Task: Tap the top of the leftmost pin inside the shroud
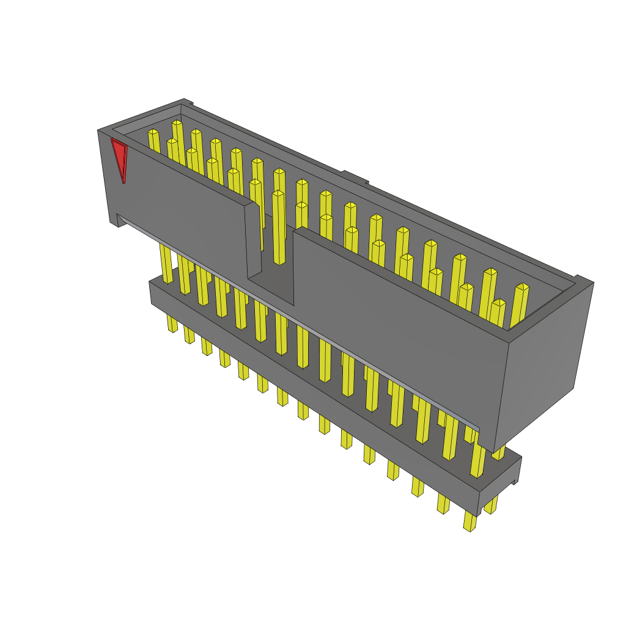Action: (x=153, y=132)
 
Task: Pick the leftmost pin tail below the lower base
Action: (x=172, y=323)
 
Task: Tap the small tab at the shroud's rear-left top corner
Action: (x=188, y=103)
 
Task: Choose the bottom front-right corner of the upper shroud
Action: (x=493, y=451)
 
